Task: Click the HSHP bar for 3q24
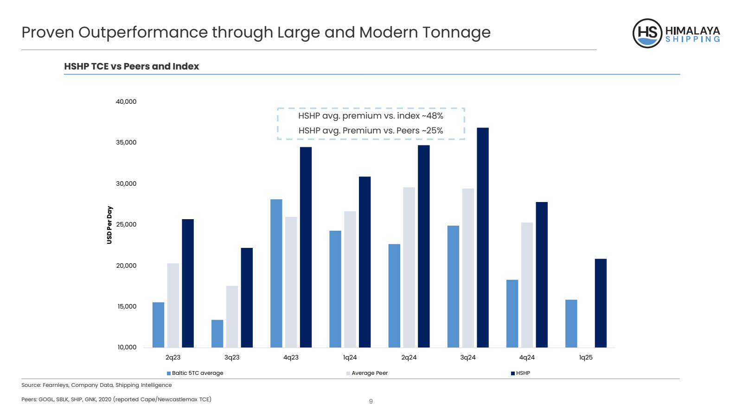tap(482, 237)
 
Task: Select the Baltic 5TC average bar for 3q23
tap(217, 334)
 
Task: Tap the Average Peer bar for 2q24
tap(409, 267)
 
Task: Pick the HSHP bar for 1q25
tap(601, 303)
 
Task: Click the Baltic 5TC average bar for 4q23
tap(276, 273)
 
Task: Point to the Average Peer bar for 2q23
tap(173, 305)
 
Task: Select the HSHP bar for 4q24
tap(542, 275)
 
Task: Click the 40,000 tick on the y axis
tap(126, 102)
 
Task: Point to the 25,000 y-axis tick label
tap(126, 225)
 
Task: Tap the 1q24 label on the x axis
tap(350, 358)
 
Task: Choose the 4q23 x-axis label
tap(291, 358)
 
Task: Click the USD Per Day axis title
tap(109, 225)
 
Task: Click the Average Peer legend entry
tap(369, 373)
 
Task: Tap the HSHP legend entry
tap(523, 373)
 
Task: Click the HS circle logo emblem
tap(647, 33)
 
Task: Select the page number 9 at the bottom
tap(371, 401)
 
